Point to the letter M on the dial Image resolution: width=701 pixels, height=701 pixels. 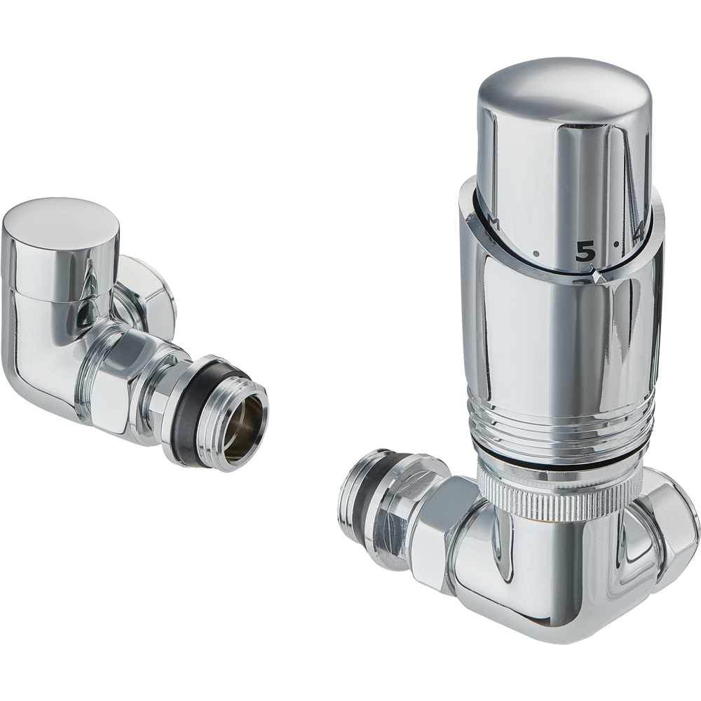click(493, 224)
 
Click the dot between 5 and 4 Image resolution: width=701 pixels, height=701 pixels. click(615, 245)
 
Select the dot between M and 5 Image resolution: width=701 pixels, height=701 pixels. click(536, 253)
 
